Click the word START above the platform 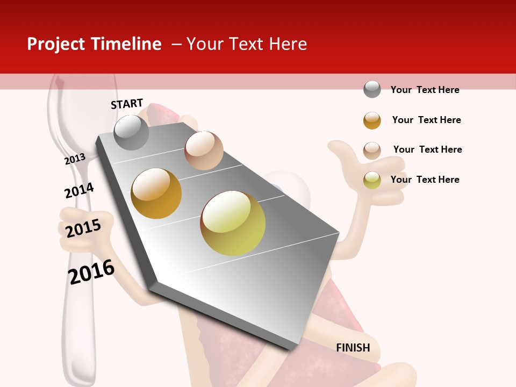pos(127,104)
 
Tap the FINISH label pos(353,348)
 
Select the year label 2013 pos(75,159)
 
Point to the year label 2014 pos(79,190)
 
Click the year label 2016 pos(91,272)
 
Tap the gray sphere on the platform pos(131,132)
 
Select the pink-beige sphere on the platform pos(204,150)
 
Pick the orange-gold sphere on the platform pos(156,193)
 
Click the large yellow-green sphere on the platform pos(233,223)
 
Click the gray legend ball pos(372,89)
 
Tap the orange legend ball pos(372,120)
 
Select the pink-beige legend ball pos(372,150)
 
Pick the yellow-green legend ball pos(372,180)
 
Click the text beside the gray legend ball pos(425,90)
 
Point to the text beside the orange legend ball pos(426,120)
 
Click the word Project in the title pos(56,44)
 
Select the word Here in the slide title pos(288,44)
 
